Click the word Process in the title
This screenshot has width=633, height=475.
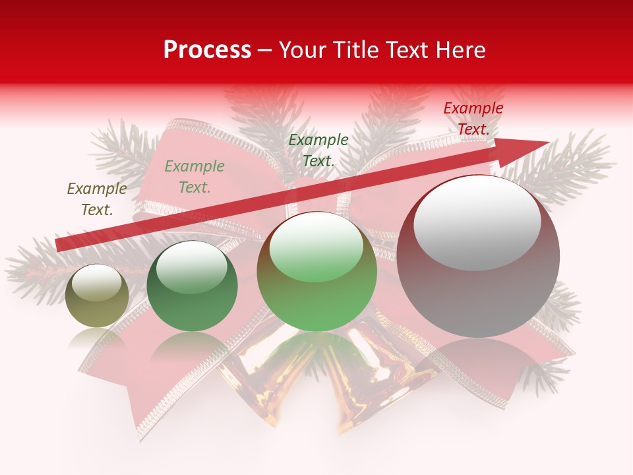point(207,50)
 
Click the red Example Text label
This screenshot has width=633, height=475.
point(473,119)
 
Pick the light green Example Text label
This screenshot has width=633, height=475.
point(194,177)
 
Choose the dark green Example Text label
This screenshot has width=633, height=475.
point(318,150)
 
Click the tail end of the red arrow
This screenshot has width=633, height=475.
point(59,245)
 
